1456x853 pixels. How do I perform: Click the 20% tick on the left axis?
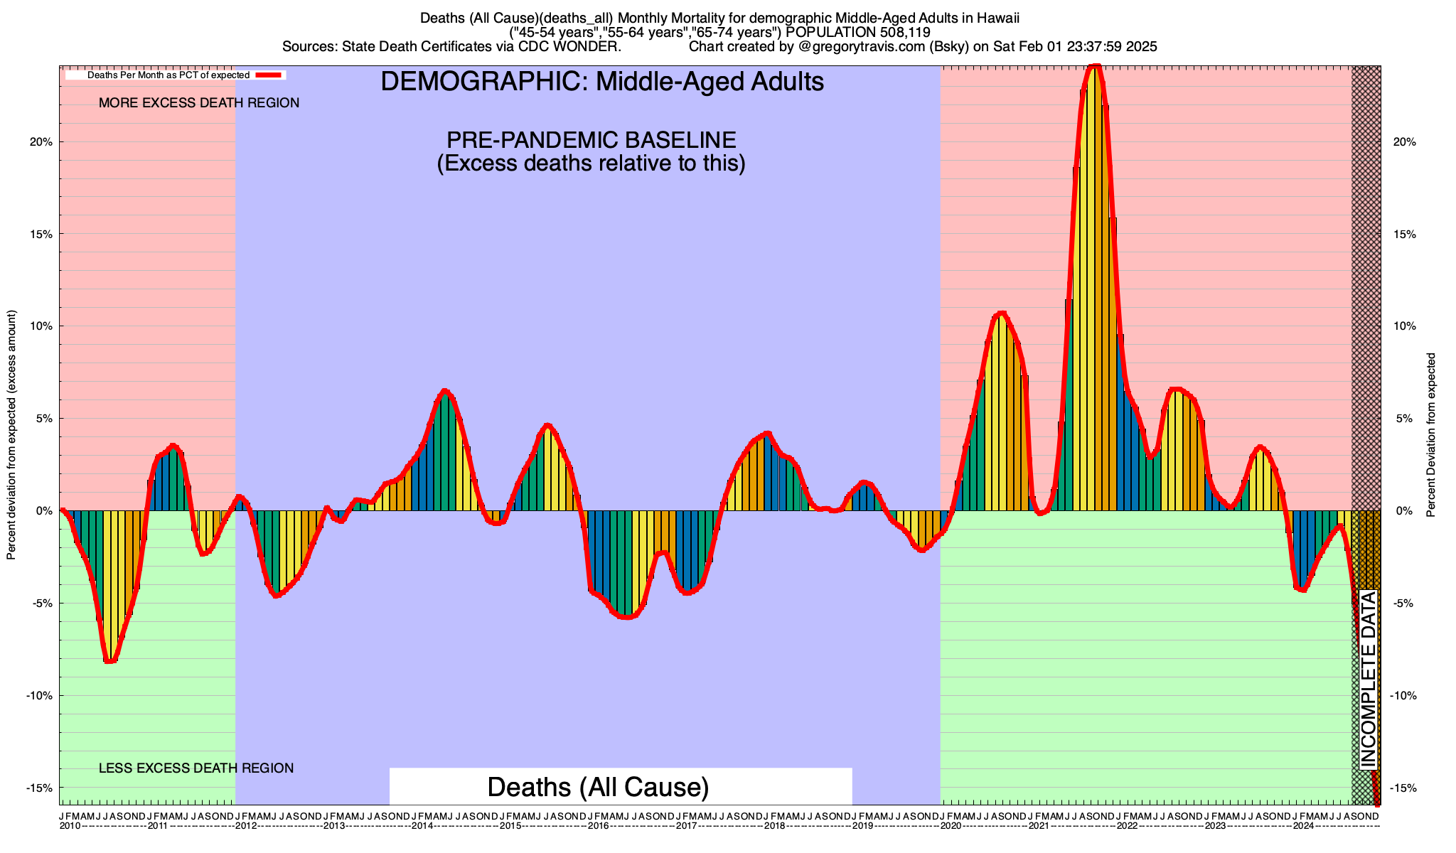point(42,141)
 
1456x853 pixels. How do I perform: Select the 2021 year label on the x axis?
point(1038,826)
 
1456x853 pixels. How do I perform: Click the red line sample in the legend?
point(270,75)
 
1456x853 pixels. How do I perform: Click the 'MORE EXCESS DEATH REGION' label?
point(199,103)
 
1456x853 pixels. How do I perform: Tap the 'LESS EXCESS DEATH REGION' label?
point(196,768)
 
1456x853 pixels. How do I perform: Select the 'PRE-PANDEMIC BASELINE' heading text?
point(591,139)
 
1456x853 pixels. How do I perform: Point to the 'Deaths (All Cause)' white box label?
point(598,787)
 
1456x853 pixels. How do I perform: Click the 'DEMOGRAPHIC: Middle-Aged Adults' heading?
point(602,82)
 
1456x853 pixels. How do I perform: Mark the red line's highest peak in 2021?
point(1095,66)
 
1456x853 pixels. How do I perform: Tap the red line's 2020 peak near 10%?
point(1002,313)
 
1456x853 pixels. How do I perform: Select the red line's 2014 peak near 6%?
point(445,391)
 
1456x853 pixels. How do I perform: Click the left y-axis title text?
point(11,434)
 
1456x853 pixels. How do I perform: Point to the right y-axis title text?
point(1431,434)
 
